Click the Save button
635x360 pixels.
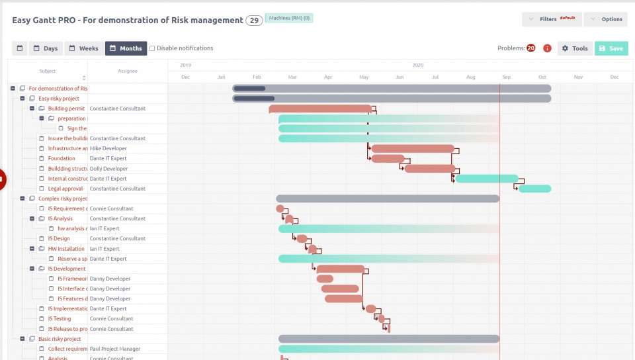(611, 48)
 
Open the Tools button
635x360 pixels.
(575, 48)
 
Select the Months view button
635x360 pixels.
(126, 48)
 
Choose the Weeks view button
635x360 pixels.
(83, 48)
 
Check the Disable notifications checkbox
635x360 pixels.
(152, 48)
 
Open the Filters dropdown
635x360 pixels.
(552, 19)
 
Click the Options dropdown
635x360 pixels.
(606, 19)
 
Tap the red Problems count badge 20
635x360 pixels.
(530, 48)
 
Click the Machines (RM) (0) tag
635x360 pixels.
(288, 18)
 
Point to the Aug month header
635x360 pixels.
(471, 77)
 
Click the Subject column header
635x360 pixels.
(48, 71)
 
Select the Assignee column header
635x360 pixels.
(128, 71)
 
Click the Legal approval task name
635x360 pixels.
(65, 189)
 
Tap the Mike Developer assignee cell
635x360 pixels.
(108, 148)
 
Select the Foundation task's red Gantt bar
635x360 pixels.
(388, 159)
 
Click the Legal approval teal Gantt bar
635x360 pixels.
(534, 189)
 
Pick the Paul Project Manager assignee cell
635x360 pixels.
(115, 349)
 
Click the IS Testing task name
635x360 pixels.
(60, 318)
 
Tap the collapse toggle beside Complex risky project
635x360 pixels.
(22, 199)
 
